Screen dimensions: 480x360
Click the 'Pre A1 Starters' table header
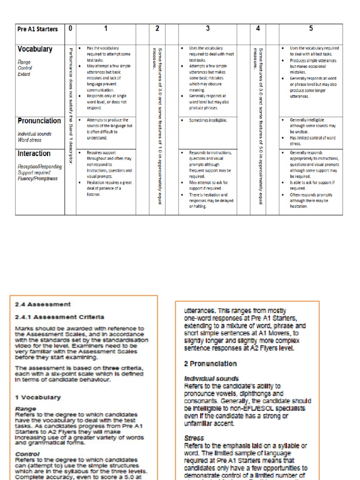[37, 29]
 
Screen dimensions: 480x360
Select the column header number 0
[70, 29]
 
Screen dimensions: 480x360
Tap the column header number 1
[106, 29]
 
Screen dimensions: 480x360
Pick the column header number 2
[157, 29]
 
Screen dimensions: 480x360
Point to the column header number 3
[208, 29]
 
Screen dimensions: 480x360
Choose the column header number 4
[258, 29]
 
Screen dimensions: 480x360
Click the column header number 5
[310, 29]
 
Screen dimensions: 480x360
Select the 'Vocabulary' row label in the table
[35, 49]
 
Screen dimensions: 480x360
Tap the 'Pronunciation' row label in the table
[39, 121]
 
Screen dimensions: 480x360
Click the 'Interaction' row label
[34, 154]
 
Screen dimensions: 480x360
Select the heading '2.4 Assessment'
[43, 304]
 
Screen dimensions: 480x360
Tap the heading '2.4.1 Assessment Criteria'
[59, 317]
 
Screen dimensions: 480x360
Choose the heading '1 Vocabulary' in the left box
[38, 397]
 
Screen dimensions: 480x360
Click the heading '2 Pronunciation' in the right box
[210, 363]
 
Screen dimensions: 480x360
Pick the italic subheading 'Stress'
[194, 438]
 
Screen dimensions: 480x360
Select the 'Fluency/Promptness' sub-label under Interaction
[37, 179]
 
